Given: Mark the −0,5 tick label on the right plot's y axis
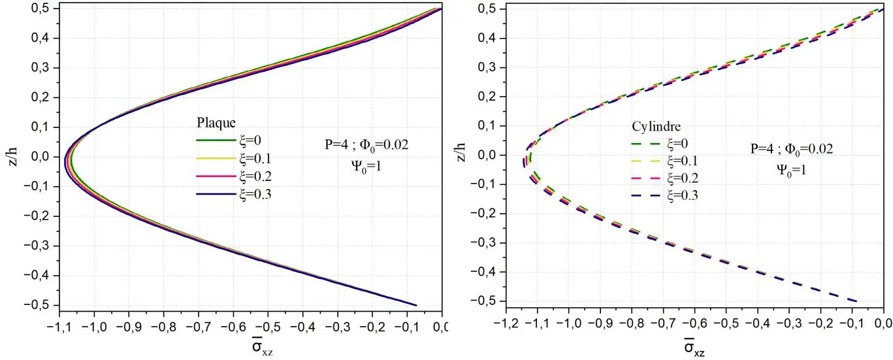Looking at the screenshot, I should pos(482,301).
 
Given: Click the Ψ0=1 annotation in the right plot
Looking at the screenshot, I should pos(791,167).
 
